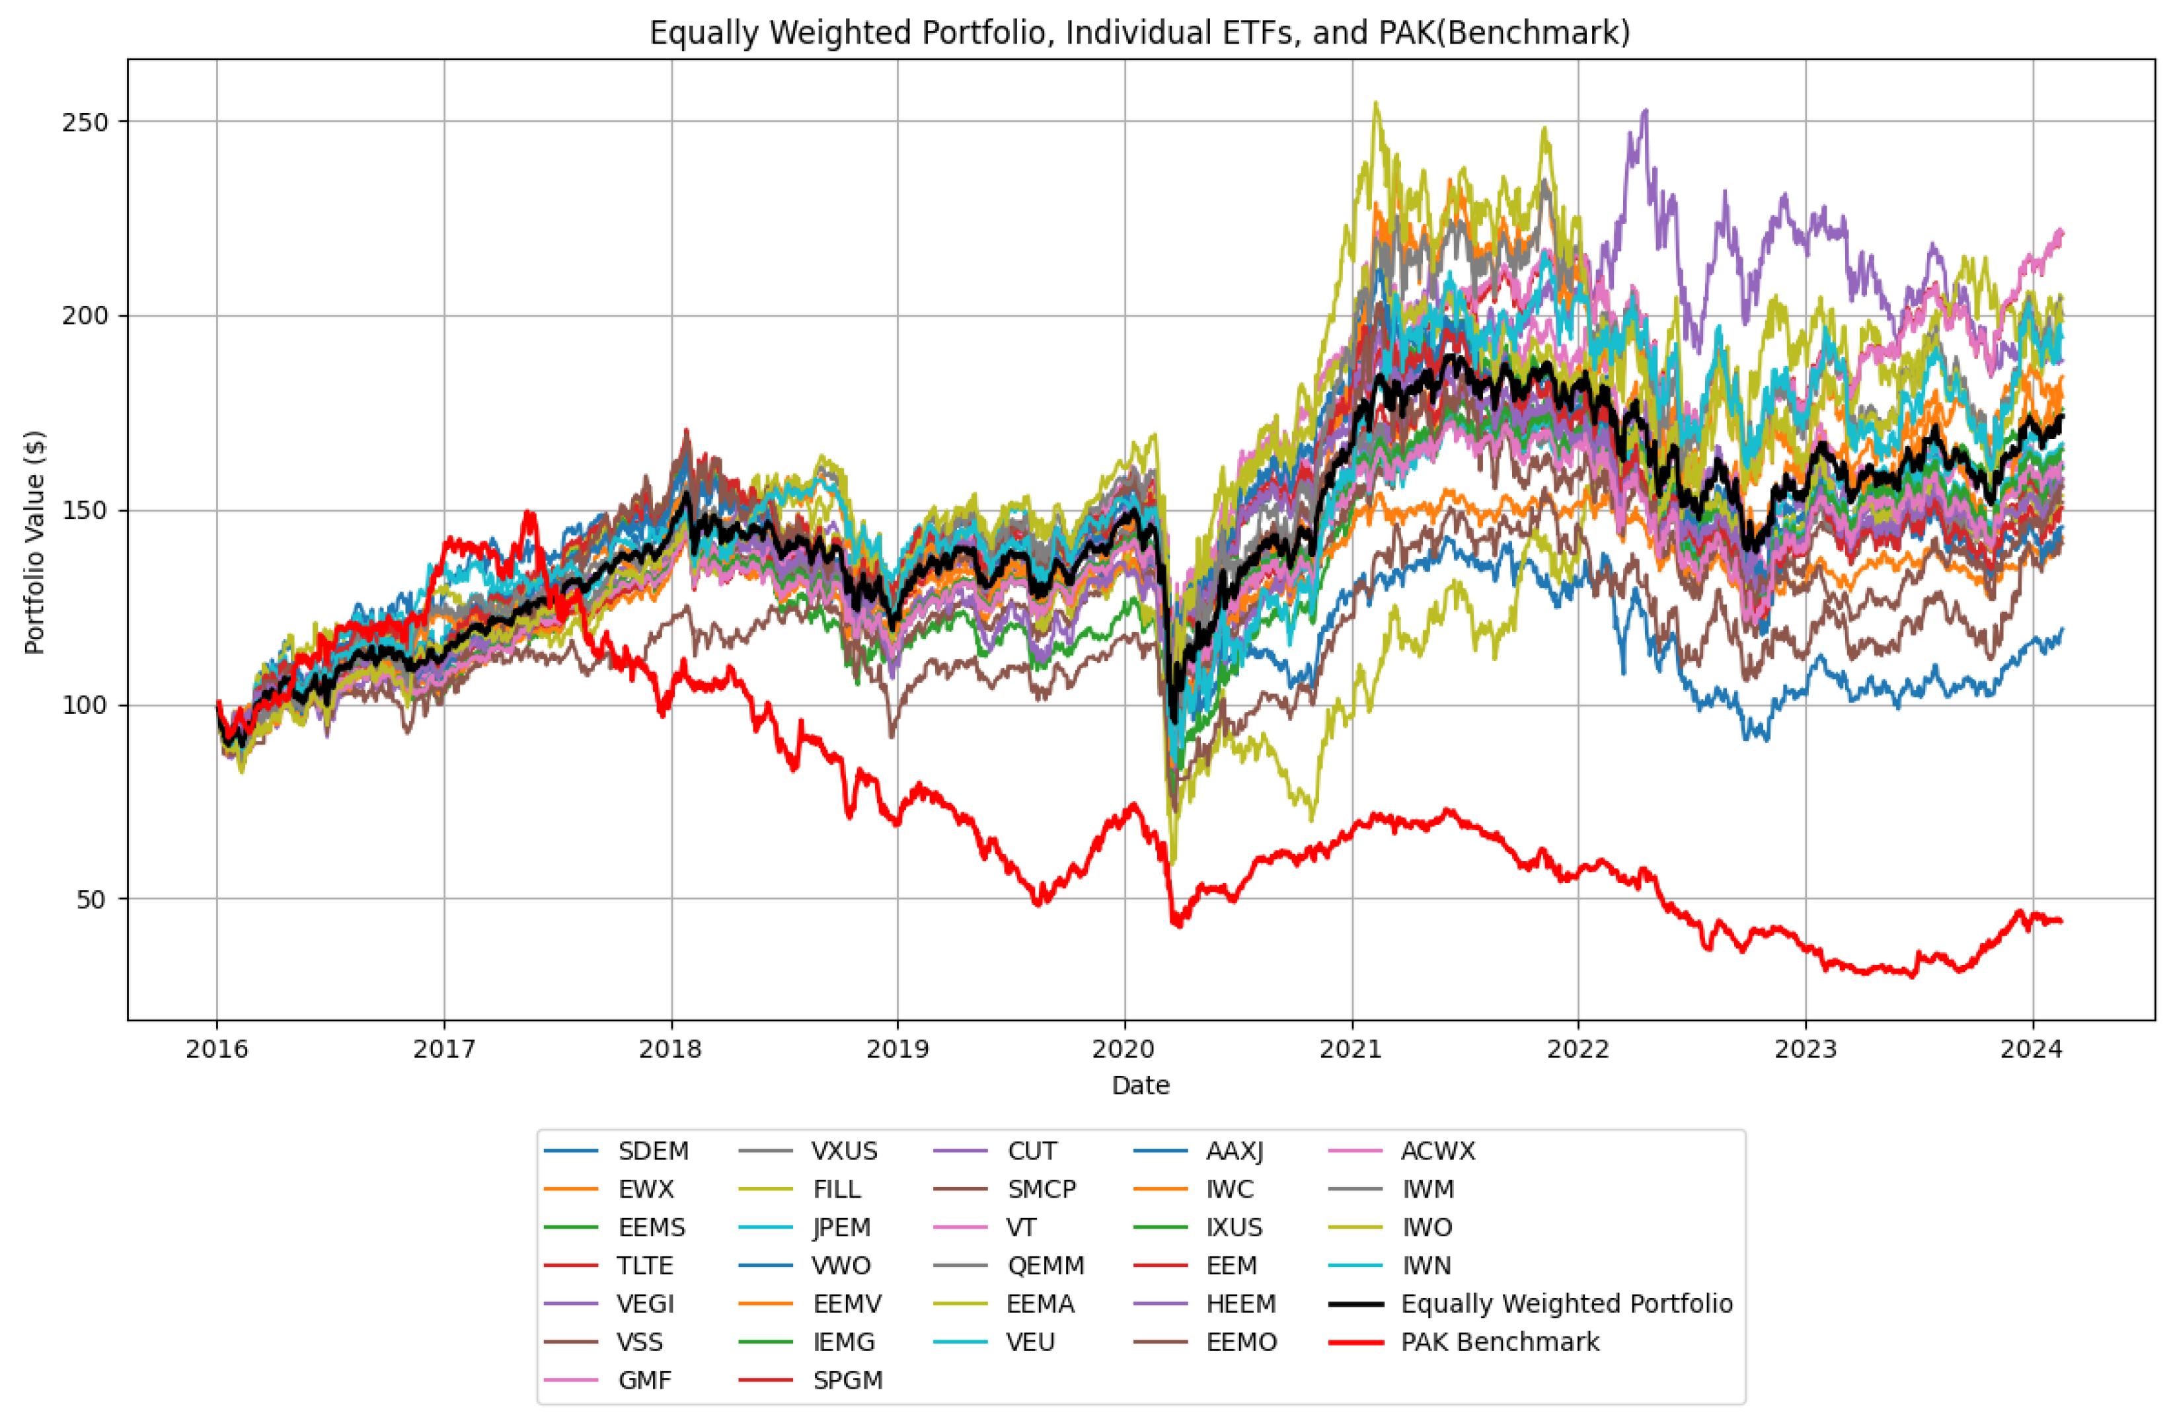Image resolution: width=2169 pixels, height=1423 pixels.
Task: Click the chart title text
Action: [x=1139, y=33]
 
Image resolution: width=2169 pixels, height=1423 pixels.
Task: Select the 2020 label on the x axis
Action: [x=1123, y=1050]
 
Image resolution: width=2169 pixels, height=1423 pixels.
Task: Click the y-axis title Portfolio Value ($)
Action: [x=34, y=543]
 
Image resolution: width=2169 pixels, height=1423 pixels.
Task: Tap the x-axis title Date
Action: [x=1140, y=1085]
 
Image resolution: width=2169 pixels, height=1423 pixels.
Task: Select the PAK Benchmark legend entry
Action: [x=1499, y=1342]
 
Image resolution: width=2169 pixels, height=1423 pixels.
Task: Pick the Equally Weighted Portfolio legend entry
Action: [x=1566, y=1303]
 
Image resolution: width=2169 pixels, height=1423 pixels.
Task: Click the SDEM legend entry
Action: [x=652, y=1151]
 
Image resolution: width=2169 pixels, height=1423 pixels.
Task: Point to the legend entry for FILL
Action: [x=836, y=1190]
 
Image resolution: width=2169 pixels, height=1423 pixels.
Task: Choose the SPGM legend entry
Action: [x=847, y=1380]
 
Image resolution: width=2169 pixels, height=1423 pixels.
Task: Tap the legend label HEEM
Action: [x=1240, y=1303]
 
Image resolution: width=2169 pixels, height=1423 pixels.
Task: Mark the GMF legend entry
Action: [x=644, y=1380]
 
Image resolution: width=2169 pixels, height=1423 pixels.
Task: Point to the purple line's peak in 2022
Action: [x=1645, y=111]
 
